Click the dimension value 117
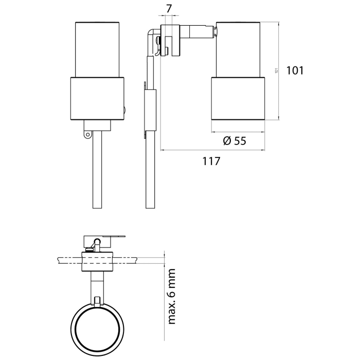pyautogui.click(x=211, y=161)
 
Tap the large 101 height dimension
pyautogui.click(x=295, y=70)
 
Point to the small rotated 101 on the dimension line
pyautogui.click(x=276, y=71)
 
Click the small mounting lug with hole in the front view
pyautogui.click(x=87, y=135)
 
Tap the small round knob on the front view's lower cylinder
pyautogui.click(x=126, y=110)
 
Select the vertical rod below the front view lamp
pyautogui.click(x=97, y=170)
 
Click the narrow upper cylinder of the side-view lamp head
pyautogui.click(x=238, y=50)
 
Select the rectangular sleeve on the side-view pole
pyautogui.click(x=150, y=108)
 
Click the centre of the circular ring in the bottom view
pyautogui.click(x=97, y=327)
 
